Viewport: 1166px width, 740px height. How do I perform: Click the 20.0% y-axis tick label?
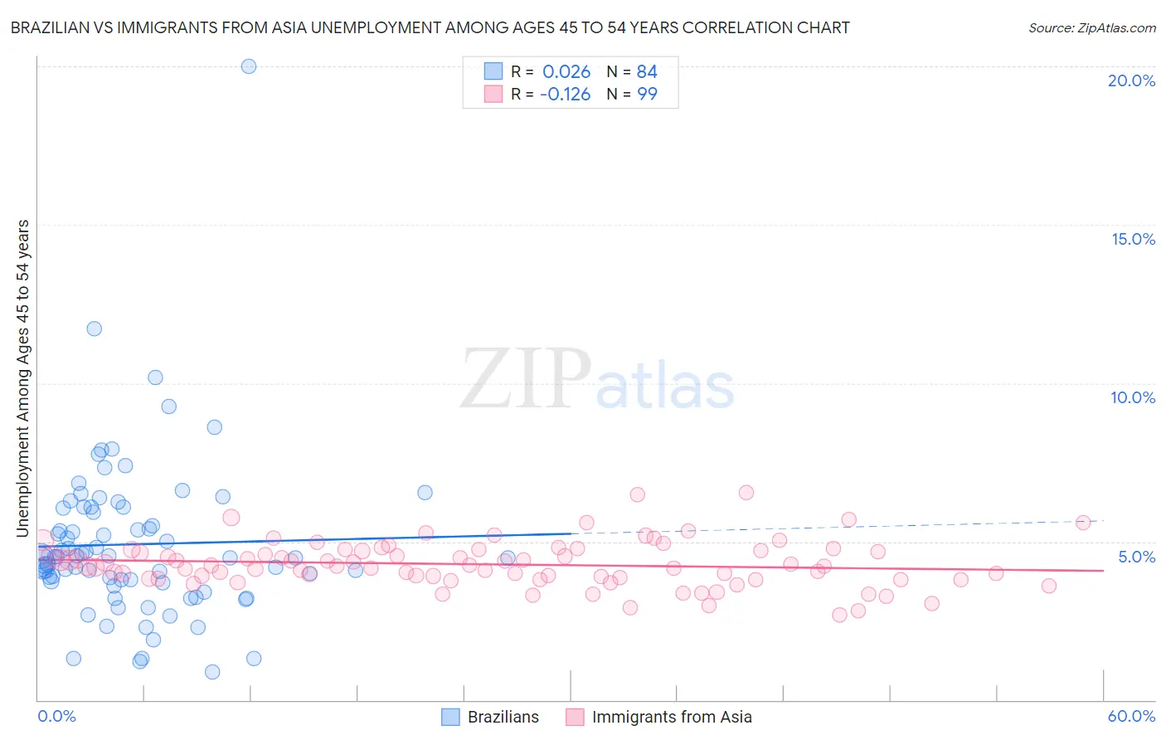click(1131, 80)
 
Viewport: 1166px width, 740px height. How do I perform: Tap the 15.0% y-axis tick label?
click(1133, 239)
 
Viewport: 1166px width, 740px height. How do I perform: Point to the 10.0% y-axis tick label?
click(1133, 397)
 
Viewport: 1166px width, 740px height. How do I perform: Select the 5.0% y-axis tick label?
click(1136, 557)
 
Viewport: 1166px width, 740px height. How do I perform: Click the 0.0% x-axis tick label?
click(56, 716)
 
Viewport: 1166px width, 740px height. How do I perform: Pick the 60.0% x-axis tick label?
click(1131, 716)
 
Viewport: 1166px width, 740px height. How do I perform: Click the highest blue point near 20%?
click(249, 66)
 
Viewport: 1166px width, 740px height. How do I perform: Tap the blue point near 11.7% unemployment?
click(95, 329)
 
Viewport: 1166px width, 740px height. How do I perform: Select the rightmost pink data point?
click(1083, 523)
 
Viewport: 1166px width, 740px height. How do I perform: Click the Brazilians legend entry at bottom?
click(503, 717)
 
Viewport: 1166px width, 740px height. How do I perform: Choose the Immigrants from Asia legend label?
click(672, 717)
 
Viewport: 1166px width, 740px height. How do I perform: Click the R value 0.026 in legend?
click(566, 72)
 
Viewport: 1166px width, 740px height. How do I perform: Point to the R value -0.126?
click(565, 95)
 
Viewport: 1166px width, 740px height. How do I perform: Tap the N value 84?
click(647, 72)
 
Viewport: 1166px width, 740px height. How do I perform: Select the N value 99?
click(647, 95)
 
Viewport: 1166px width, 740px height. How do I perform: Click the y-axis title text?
click(22, 378)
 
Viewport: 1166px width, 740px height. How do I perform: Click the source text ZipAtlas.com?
click(1091, 28)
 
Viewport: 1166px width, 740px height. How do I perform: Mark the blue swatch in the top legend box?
click(493, 71)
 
